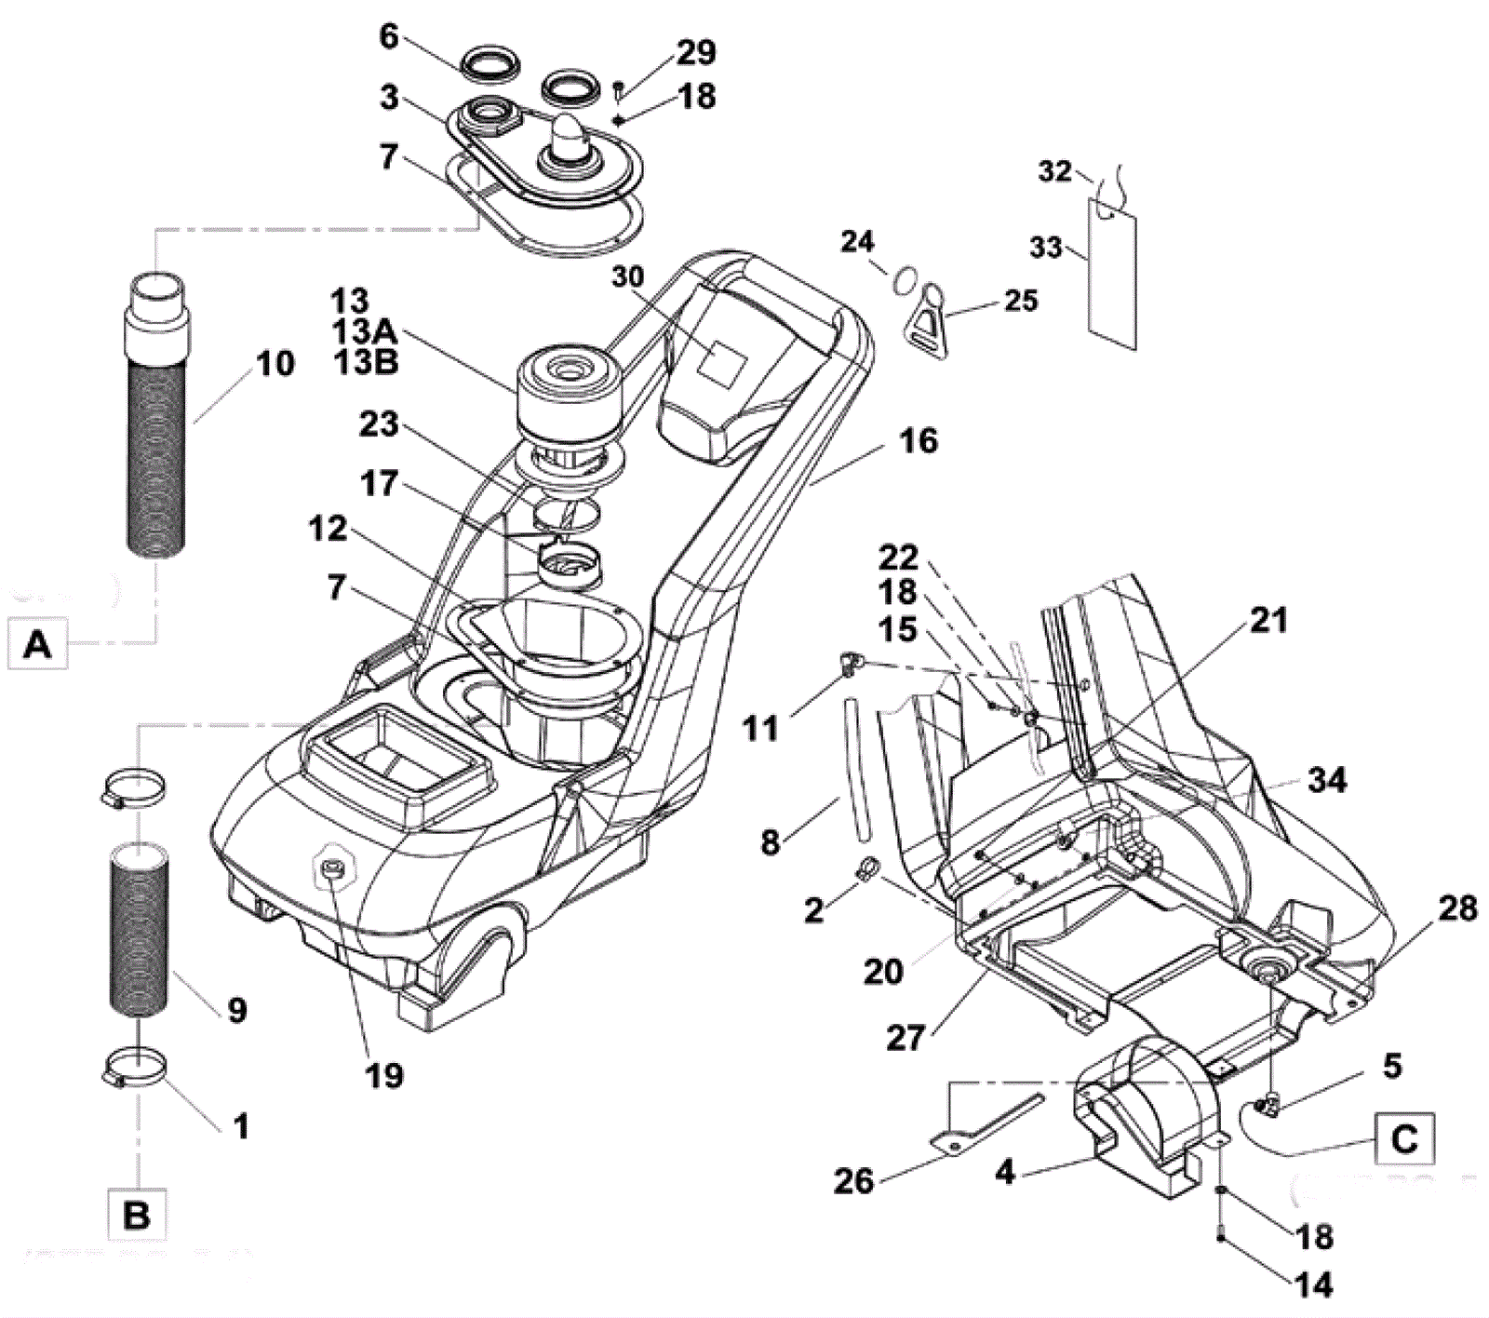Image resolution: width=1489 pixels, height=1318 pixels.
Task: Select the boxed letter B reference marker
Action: pos(137,1215)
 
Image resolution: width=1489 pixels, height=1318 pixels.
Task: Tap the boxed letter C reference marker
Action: pos(1403,1137)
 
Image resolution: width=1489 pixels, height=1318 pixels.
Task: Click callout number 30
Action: pos(628,276)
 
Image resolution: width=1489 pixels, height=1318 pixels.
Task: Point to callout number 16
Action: pos(919,440)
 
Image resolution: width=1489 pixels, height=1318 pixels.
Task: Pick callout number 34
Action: pos(1326,780)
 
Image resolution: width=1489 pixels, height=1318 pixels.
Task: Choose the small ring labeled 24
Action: pos(909,279)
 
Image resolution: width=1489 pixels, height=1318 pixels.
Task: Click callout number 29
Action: pos(696,52)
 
